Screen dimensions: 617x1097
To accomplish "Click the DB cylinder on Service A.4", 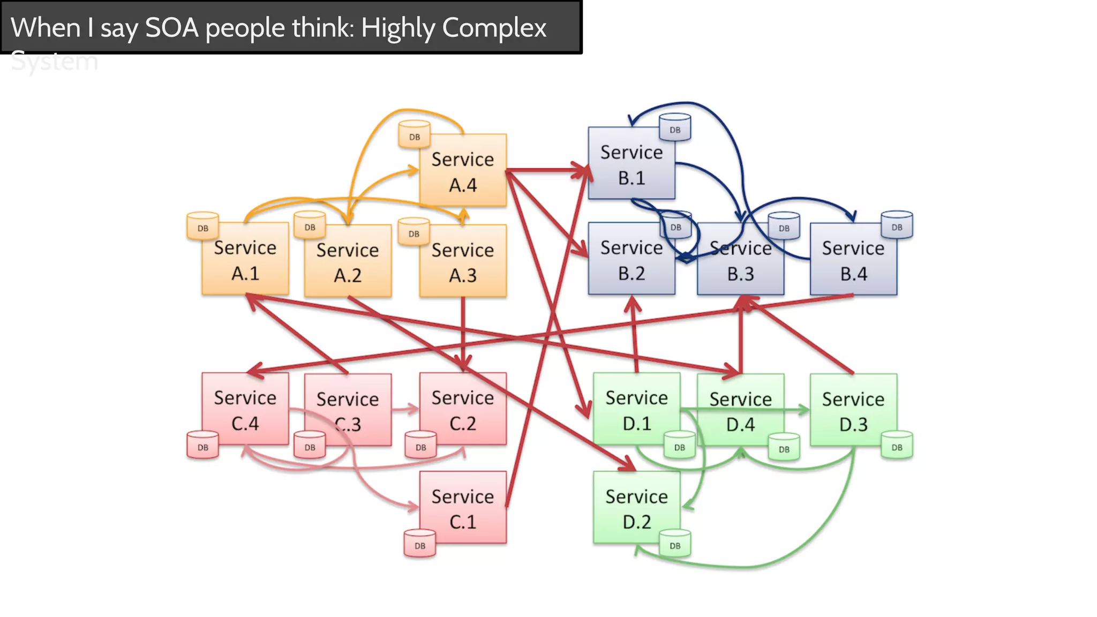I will pyautogui.click(x=414, y=135).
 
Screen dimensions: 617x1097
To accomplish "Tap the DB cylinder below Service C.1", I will pyautogui.click(x=420, y=544).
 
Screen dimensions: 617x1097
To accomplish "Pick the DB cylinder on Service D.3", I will pyautogui.click(x=897, y=445).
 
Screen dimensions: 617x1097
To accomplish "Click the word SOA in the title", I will pyautogui.click(x=172, y=28).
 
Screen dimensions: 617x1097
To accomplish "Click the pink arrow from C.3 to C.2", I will pyautogui.click(x=405, y=410).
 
